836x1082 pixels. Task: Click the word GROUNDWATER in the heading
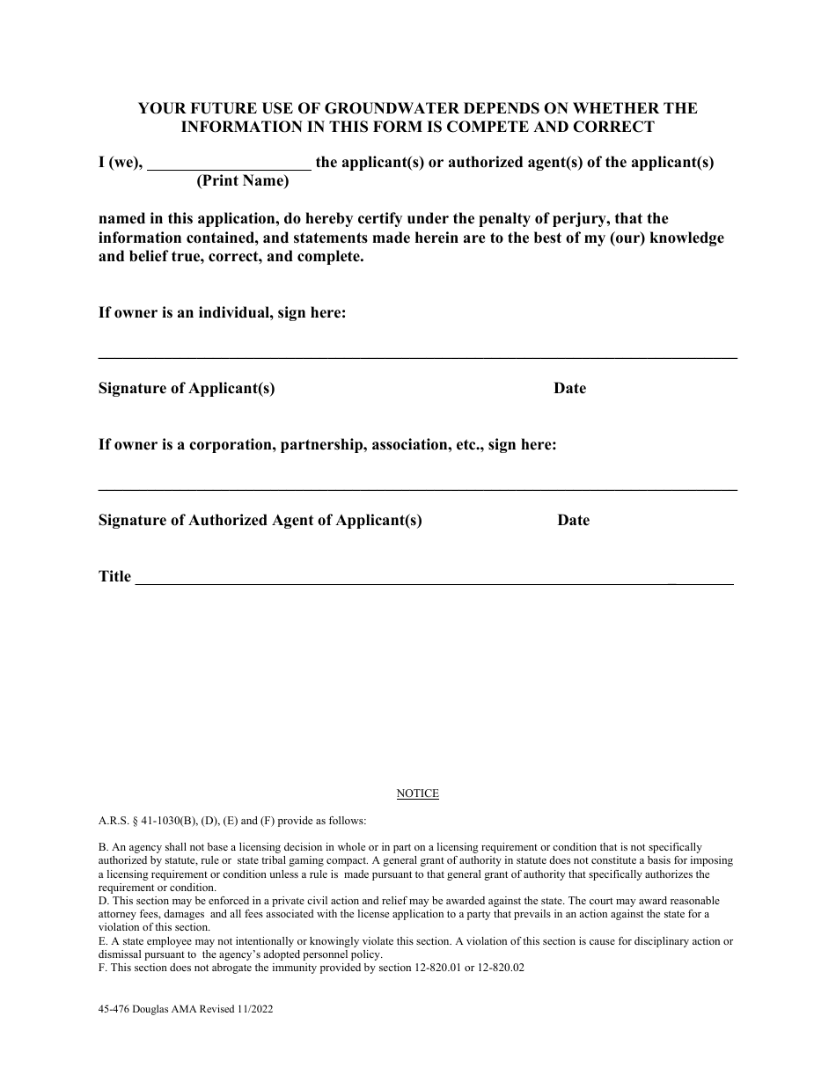(x=389, y=108)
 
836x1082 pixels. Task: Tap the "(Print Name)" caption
(x=242, y=181)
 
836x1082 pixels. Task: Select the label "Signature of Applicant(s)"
(x=187, y=389)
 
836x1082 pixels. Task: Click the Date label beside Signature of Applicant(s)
(x=569, y=389)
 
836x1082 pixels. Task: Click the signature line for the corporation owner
(x=417, y=489)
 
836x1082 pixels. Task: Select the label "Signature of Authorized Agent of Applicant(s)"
(x=260, y=521)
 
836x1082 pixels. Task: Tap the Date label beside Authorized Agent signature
(x=573, y=521)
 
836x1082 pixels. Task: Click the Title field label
(x=114, y=577)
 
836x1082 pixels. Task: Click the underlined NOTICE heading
(x=417, y=793)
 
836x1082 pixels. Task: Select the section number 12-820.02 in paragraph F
(x=502, y=969)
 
